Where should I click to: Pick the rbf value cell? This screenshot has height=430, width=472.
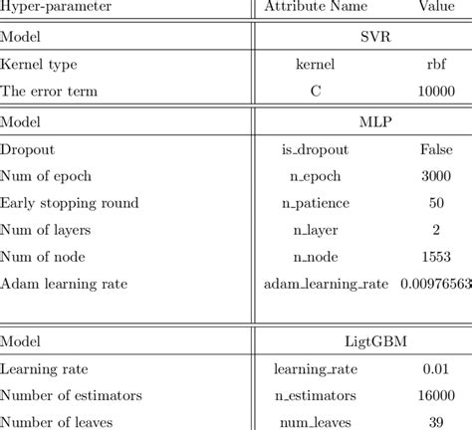coord(434,66)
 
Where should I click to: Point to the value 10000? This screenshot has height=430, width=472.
coord(435,92)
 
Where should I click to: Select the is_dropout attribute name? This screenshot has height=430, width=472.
coord(316,149)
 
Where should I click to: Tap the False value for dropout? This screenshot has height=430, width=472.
coord(435,149)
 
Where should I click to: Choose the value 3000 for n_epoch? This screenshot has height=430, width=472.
coord(435,176)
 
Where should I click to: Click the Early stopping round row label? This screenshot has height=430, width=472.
coord(70,204)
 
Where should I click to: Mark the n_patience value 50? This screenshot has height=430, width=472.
coord(435,204)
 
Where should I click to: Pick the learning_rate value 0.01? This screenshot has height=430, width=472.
coord(435,368)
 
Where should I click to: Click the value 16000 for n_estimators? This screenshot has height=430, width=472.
coord(435,395)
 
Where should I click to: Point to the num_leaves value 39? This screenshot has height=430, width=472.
coord(435,422)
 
